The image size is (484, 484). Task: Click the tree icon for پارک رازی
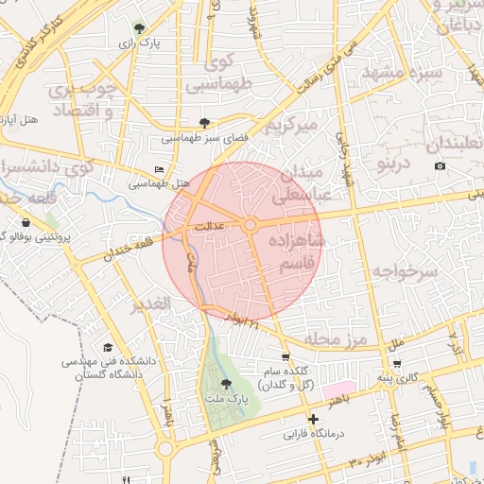click(x=140, y=28)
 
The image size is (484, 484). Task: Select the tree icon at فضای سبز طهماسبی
click(x=205, y=123)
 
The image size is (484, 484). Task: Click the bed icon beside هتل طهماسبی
click(x=158, y=169)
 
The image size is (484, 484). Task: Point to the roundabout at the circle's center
click(x=251, y=225)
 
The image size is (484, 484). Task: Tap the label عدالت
click(x=208, y=227)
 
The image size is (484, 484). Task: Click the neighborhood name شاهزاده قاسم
click(x=296, y=253)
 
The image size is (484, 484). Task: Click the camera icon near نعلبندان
click(x=440, y=166)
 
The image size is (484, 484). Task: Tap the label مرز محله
click(x=330, y=338)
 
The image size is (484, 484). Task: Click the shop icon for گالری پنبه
click(x=397, y=363)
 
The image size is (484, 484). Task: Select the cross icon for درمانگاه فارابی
click(x=313, y=419)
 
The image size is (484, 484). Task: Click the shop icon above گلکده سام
click(x=285, y=357)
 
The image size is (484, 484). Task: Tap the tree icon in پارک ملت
click(x=225, y=384)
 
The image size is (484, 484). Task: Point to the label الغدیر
click(x=150, y=304)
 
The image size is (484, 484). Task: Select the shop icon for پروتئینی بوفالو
click(x=24, y=222)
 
